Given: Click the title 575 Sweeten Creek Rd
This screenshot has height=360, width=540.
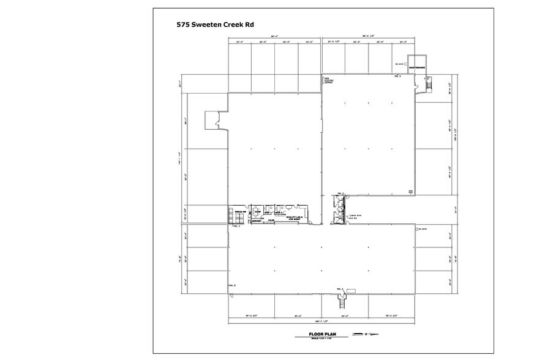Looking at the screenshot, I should [x=214, y=25].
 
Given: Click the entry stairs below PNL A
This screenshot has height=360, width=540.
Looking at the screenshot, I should [x=342, y=301].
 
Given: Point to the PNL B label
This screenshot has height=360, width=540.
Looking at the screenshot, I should [x=231, y=286].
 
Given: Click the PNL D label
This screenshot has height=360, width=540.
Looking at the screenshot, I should [x=397, y=77].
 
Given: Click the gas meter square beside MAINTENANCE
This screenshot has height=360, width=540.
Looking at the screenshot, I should [x=405, y=63].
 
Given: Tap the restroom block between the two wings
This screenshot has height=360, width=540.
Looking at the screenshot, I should [x=337, y=208].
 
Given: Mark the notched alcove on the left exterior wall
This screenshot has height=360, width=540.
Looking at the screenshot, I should [x=217, y=119].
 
